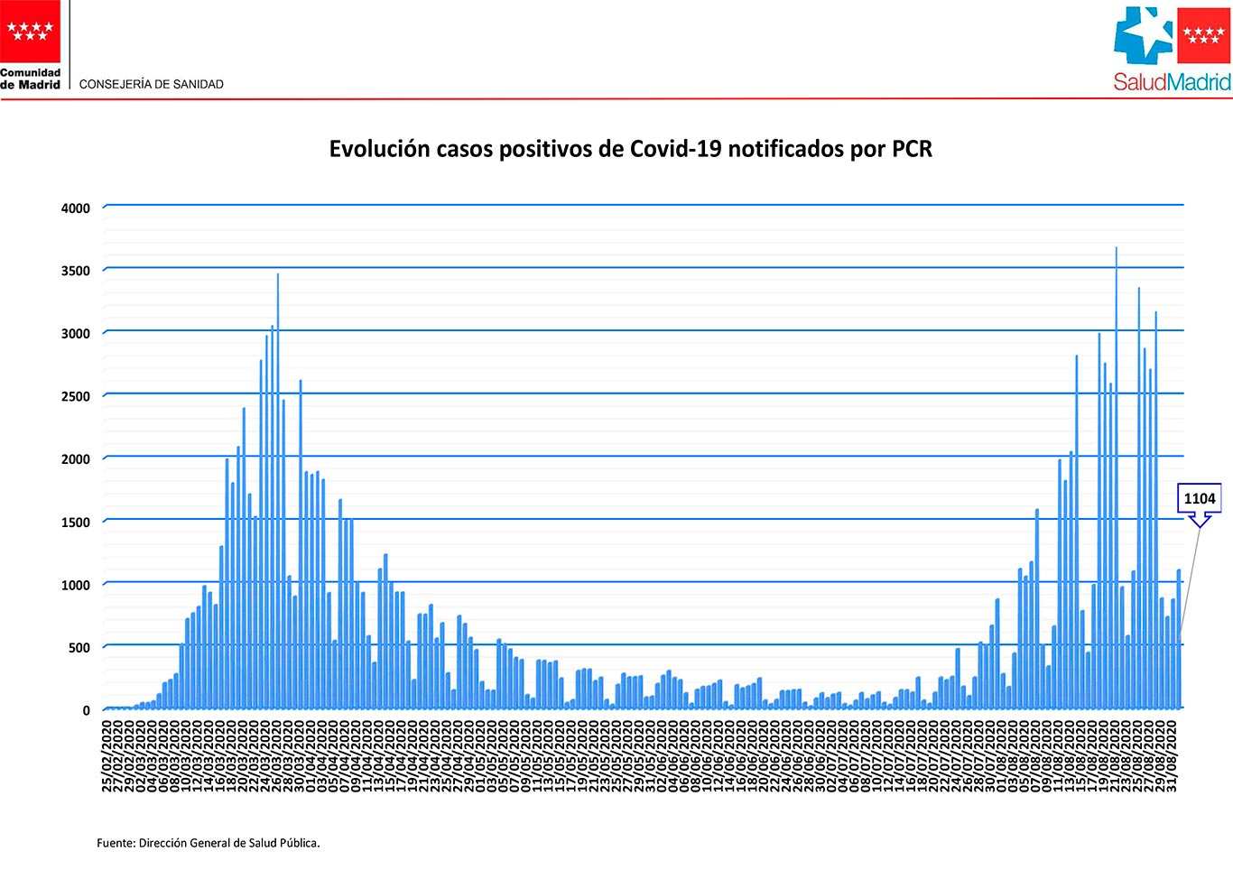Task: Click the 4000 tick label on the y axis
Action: [76, 208]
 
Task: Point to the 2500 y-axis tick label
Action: [76, 396]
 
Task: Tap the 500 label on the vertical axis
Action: [79, 648]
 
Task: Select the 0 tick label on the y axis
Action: [87, 710]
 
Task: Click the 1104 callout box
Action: [1200, 498]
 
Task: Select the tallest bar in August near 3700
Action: [1116, 478]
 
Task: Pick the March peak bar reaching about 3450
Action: [277, 492]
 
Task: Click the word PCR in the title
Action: [912, 149]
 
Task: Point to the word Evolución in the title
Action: [377, 149]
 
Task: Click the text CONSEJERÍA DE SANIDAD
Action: [152, 84]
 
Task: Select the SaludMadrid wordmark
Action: [1172, 82]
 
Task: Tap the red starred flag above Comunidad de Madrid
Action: [31, 31]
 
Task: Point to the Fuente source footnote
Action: [209, 844]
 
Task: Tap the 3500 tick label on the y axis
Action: [76, 271]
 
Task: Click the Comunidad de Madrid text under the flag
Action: [31, 79]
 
